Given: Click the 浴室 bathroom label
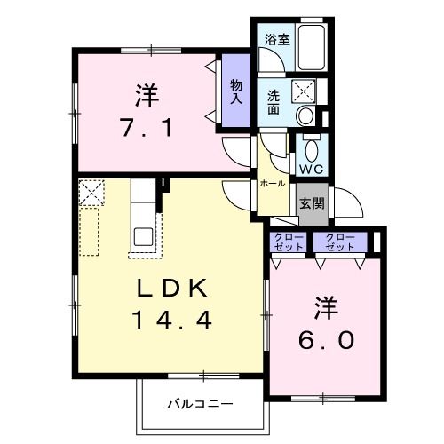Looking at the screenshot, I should click(x=275, y=39).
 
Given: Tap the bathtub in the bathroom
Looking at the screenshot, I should click(x=310, y=49).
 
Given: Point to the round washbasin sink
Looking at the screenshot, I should click(x=305, y=114).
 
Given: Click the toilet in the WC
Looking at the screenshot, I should click(x=312, y=146).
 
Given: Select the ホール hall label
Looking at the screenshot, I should click(x=273, y=183).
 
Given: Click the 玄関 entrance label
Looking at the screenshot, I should click(x=311, y=202).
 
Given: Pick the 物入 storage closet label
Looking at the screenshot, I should click(x=235, y=91).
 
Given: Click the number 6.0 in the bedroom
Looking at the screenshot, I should click(x=322, y=339).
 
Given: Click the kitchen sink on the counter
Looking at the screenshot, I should click(x=142, y=236).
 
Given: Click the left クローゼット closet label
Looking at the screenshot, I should click(x=288, y=242).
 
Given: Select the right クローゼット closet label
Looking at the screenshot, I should click(x=340, y=242).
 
